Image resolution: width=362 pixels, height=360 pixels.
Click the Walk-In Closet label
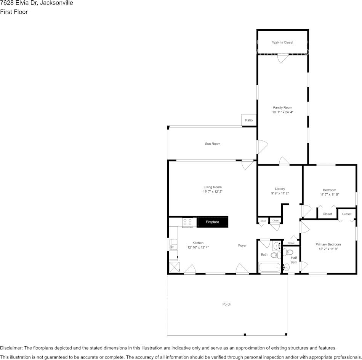tap(282, 43)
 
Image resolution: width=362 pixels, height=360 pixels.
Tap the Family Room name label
tap(282, 108)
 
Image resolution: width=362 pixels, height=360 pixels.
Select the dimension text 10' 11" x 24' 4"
tap(282, 112)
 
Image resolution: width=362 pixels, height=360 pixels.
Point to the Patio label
tap(249, 120)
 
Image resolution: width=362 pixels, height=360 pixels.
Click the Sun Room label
tap(213, 144)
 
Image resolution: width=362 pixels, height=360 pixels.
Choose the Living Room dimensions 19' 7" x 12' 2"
tap(213, 192)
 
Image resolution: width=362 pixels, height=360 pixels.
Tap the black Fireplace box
tap(212, 221)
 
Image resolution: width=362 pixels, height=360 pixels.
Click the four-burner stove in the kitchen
tap(187, 222)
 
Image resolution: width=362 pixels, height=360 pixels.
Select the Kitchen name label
tap(198, 243)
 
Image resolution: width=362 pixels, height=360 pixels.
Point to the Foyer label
tap(242, 245)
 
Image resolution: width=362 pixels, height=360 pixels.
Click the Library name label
tap(280, 189)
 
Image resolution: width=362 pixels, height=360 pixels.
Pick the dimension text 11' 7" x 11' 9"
tap(329, 194)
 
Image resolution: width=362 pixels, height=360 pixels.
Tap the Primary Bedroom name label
tap(328, 244)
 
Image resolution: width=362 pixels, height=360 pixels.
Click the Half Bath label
tap(294, 260)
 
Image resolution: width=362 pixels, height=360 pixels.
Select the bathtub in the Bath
tap(269, 268)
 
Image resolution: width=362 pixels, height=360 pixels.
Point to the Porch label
tap(227, 304)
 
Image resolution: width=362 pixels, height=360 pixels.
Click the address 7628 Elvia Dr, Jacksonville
tap(37, 3)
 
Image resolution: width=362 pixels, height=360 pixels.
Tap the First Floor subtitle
tap(14, 12)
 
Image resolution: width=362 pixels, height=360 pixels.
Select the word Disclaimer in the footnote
tap(11, 348)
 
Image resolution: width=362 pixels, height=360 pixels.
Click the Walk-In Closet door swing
tap(283, 58)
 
